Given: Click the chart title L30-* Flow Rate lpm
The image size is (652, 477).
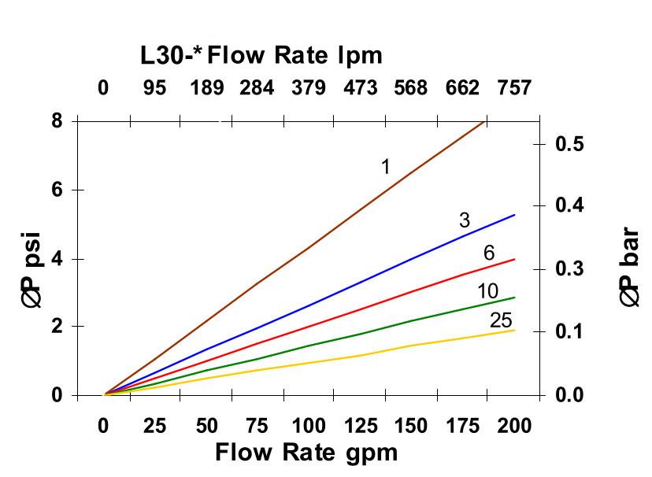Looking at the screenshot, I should (x=261, y=55).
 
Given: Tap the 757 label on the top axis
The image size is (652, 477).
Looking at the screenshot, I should (x=514, y=87).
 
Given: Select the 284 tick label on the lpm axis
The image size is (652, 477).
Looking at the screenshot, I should (x=257, y=87).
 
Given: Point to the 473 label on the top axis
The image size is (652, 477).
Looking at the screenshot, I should (x=360, y=87).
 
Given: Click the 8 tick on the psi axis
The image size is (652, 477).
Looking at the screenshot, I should (x=56, y=121).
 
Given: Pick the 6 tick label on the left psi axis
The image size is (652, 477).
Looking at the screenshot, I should (x=56, y=190).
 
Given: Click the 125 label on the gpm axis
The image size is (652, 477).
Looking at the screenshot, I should (x=360, y=426).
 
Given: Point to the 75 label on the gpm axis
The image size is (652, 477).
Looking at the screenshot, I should (x=257, y=426).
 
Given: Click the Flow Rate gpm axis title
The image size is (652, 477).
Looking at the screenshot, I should (x=306, y=453).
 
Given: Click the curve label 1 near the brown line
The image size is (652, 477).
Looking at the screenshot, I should (x=386, y=167).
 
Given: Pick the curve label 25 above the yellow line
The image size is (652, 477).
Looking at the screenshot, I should (x=501, y=320).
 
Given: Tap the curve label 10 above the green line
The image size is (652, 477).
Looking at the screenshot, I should (x=487, y=292).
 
